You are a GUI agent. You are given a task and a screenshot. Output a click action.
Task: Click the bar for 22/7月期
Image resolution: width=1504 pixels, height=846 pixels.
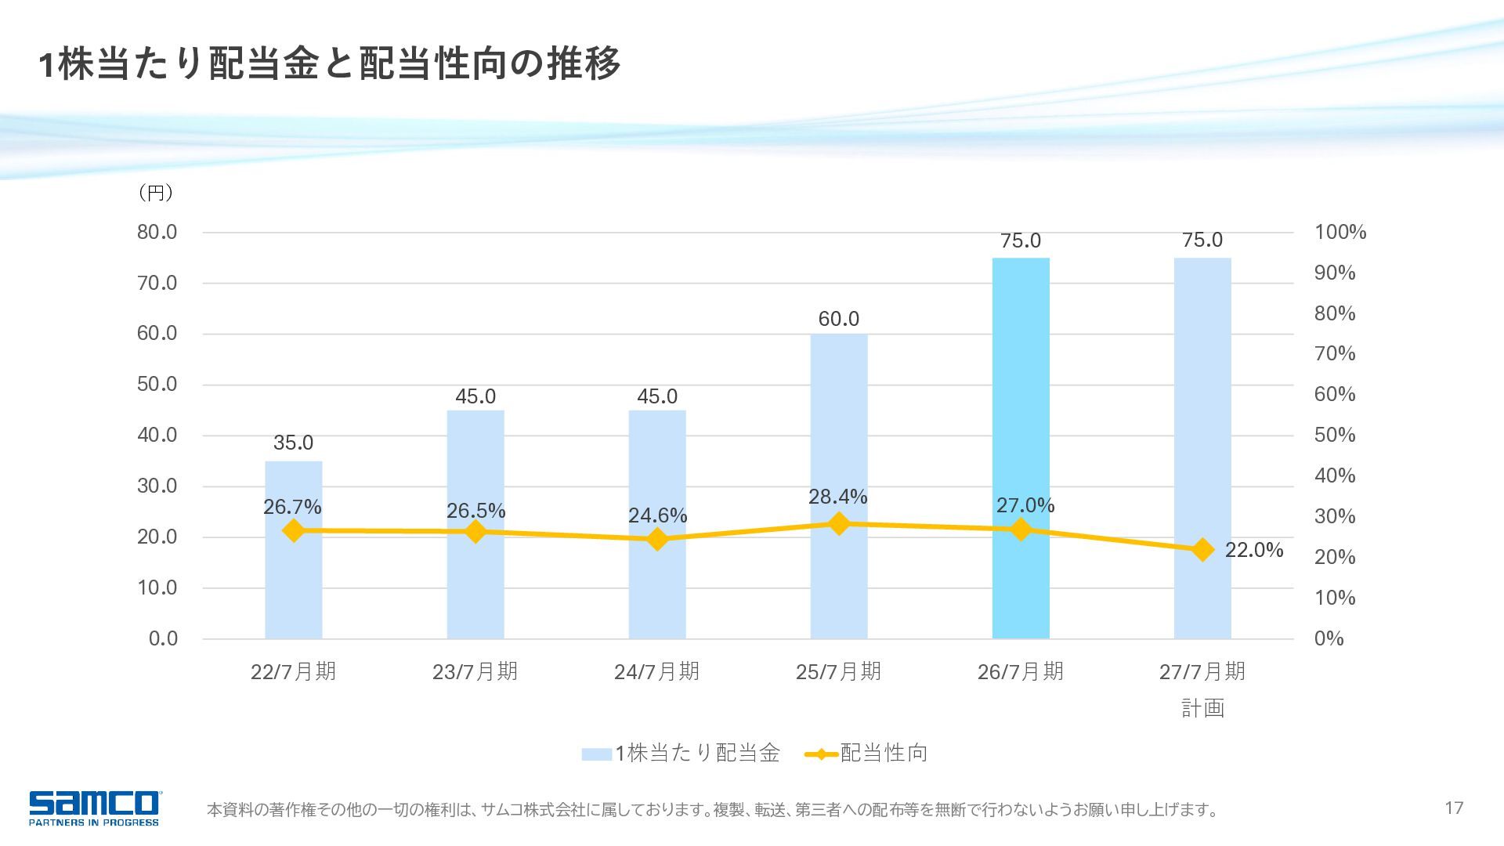pyautogui.click(x=294, y=550)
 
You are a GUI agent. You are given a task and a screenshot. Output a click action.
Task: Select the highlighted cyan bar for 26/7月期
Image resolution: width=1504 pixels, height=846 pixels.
pyautogui.click(x=1021, y=448)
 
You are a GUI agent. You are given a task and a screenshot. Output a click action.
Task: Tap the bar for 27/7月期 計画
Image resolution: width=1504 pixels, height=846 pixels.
pyautogui.click(x=1202, y=448)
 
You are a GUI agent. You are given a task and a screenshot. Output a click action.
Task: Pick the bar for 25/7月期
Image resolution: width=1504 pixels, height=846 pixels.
pyautogui.click(x=839, y=486)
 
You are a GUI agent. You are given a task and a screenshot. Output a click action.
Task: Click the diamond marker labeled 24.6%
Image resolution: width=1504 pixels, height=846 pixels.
pyautogui.click(x=657, y=539)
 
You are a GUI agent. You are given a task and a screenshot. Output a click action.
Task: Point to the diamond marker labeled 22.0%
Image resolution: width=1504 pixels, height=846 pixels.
pyautogui.click(x=1202, y=550)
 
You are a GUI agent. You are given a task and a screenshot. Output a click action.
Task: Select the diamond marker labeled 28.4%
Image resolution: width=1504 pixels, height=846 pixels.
pyautogui.click(x=839, y=523)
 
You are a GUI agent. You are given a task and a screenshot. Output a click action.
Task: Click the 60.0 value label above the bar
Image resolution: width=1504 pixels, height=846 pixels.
pyautogui.click(x=839, y=319)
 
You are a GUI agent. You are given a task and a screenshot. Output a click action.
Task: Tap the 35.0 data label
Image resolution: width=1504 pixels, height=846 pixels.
pyautogui.click(x=294, y=443)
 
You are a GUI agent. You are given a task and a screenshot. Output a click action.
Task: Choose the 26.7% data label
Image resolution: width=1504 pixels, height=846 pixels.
pyautogui.click(x=292, y=507)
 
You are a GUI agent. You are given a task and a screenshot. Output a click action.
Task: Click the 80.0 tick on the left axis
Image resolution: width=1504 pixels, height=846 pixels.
pyautogui.click(x=157, y=232)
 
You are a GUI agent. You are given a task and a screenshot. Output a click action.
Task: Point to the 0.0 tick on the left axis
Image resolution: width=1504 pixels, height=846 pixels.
pyautogui.click(x=163, y=638)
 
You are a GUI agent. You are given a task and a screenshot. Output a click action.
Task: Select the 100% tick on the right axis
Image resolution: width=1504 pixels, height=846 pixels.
pyautogui.click(x=1340, y=232)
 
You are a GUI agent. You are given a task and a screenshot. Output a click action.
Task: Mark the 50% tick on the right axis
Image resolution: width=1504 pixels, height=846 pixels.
pyautogui.click(x=1335, y=435)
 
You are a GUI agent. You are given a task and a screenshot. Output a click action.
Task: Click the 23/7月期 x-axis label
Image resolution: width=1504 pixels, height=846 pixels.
pyautogui.click(x=475, y=671)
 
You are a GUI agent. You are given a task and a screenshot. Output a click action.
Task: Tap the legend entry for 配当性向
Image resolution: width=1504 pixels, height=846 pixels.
pyautogui.click(x=866, y=754)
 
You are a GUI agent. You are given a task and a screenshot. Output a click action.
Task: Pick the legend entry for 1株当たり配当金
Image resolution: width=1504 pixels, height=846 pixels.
pyautogui.click(x=681, y=754)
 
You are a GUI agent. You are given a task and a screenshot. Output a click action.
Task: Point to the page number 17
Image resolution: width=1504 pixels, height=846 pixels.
pyautogui.click(x=1454, y=808)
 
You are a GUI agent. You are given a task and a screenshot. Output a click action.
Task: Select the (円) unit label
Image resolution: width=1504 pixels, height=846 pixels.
pyautogui.click(x=155, y=193)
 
